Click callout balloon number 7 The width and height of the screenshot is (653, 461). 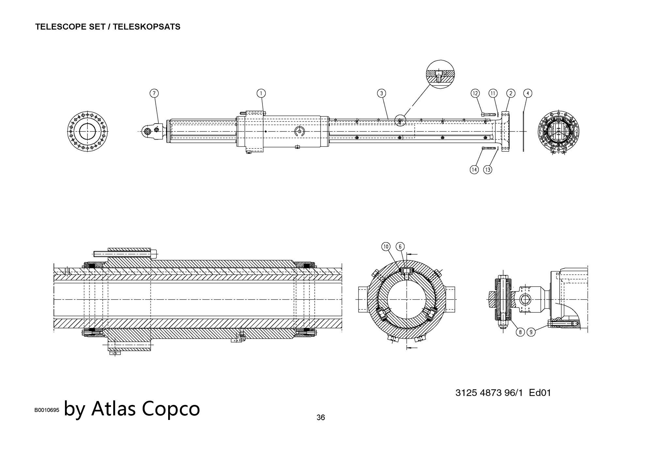[154, 93]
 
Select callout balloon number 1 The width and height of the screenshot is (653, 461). [261, 93]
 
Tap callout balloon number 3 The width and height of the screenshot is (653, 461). [381, 93]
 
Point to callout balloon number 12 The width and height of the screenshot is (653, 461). [475, 93]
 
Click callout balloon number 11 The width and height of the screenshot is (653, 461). [493, 93]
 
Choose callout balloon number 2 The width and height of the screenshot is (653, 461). [511, 93]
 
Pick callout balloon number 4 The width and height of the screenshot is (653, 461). [528, 93]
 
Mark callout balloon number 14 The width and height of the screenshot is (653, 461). [474, 170]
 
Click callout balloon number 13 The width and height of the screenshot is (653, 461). [488, 170]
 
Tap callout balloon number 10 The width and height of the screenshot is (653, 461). [386, 246]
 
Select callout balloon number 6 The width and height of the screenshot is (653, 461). [400, 246]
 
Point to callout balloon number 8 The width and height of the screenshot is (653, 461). [520, 332]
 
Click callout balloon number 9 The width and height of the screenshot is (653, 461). [531, 332]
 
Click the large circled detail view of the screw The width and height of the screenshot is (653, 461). [441, 74]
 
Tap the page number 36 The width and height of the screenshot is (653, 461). [321, 417]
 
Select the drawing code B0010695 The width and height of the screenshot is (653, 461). [47, 410]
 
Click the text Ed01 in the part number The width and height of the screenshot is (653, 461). [540, 393]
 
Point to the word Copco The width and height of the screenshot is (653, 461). [171, 408]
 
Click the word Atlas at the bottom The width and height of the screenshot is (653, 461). [114, 408]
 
